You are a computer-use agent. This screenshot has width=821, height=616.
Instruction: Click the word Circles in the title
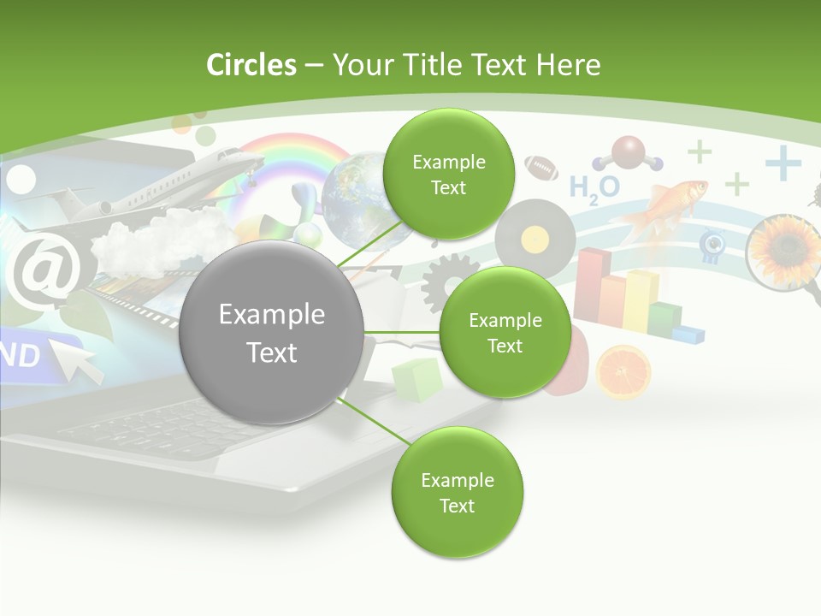pyautogui.click(x=251, y=65)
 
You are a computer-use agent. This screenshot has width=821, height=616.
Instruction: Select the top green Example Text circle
pyautogui.click(x=448, y=175)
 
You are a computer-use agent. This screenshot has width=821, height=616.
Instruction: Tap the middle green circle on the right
pyautogui.click(x=505, y=332)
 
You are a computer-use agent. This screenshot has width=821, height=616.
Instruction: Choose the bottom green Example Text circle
pyautogui.click(x=457, y=493)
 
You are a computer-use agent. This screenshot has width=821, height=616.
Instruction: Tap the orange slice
pyautogui.click(x=623, y=372)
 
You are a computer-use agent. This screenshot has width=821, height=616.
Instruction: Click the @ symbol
pyautogui.click(x=40, y=272)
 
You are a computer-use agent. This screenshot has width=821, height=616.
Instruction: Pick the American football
pyautogui.click(x=540, y=166)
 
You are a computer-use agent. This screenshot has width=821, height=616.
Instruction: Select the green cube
pyautogui.click(x=416, y=378)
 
